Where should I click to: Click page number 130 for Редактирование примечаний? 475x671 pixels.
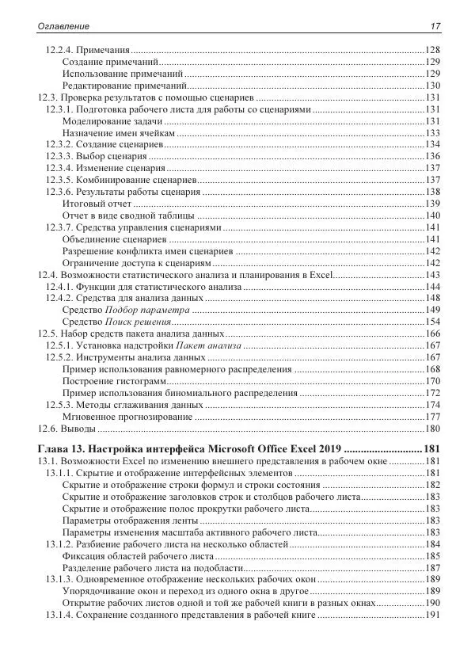[x=432, y=86]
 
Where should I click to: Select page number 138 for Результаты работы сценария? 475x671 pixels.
[x=432, y=192]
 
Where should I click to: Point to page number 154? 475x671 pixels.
[x=432, y=322]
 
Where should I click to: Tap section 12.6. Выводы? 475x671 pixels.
[x=66, y=429]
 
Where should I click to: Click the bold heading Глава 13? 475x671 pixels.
[x=63, y=449]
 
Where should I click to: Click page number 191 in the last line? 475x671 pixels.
[x=432, y=616]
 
